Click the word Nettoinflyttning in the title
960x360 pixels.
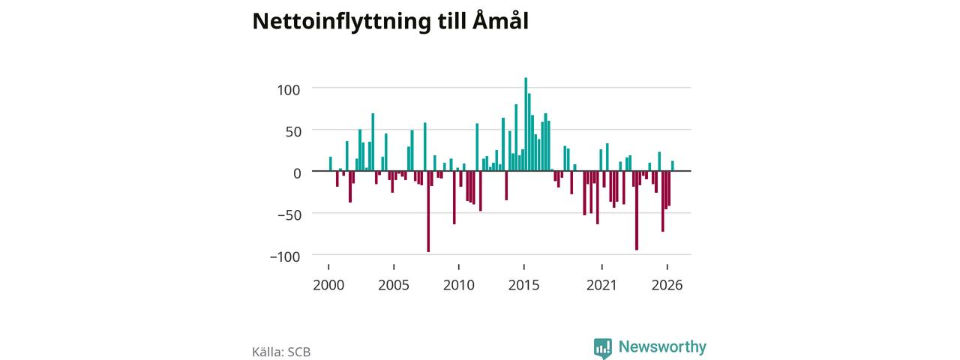[x=341, y=22]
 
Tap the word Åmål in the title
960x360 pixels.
[x=500, y=20]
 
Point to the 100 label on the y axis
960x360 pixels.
[x=289, y=90]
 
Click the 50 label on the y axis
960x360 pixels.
[x=293, y=131]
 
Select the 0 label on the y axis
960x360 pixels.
[x=298, y=173]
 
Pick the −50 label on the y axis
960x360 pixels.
[x=289, y=214]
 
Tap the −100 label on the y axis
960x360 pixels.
[x=285, y=256]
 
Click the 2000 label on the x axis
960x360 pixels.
[x=328, y=285]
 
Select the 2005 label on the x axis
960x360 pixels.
[x=394, y=285]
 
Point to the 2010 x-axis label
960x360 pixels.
[x=458, y=285]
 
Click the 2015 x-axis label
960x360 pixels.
[x=523, y=285]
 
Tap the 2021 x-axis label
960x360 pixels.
[x=601, y=285]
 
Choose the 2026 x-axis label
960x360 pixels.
[x=667, y=285]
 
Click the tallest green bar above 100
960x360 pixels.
[x=526, y=124]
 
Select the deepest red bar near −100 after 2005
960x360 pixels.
[x=428, y=211]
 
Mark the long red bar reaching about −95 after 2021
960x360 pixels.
[x=637, y=211]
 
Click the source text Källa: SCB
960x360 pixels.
[x=281, y=352]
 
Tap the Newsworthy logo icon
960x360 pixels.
[x=602, y=349]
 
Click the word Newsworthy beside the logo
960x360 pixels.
[x=662, y=346]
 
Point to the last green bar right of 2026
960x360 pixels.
[x=673, y=166]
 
